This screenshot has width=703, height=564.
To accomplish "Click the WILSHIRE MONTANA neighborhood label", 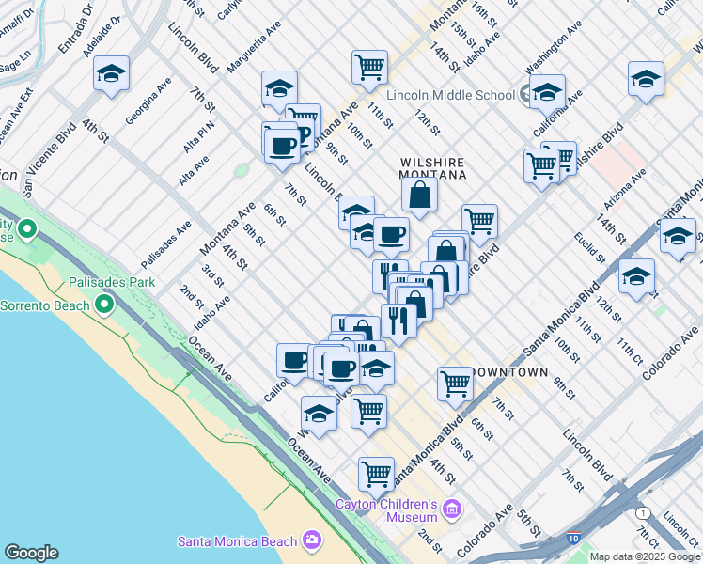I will point(433,168).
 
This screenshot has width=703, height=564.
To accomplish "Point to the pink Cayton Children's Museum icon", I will point(452,510).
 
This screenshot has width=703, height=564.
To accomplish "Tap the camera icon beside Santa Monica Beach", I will point(312,540).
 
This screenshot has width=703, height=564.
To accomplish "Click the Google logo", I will point(31,553).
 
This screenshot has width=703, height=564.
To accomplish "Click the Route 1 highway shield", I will point(643,513).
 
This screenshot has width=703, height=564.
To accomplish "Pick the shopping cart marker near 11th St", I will point(369,67).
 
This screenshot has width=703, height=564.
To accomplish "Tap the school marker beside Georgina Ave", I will point(112,73).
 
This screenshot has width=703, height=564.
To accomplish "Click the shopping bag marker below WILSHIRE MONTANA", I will point(419,195).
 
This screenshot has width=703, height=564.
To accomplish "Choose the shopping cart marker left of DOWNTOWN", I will point(455,383).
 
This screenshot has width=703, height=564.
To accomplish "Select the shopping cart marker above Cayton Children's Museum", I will point(376,474).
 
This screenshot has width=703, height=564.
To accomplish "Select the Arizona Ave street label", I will point(626,189).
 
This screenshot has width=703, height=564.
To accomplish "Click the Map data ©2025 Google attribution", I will point(645,556).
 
